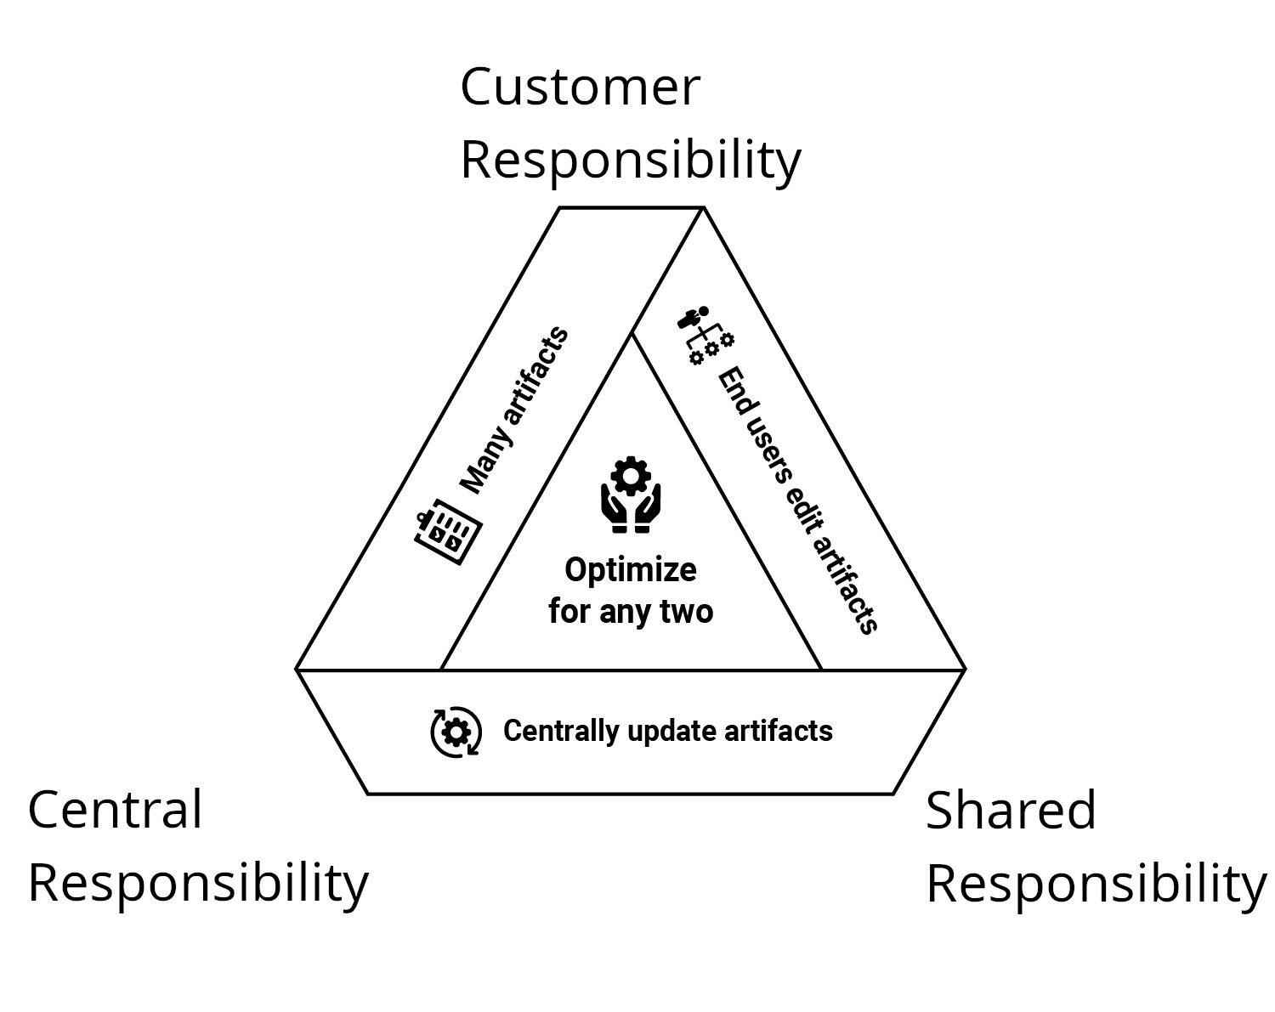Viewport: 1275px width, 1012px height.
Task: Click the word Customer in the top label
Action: pos(580,87)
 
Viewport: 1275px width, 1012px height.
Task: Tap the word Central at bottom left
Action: pos(115,809)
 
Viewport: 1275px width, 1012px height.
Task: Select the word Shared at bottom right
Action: pos(1011,810)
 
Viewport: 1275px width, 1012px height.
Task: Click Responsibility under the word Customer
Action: pos(630,160)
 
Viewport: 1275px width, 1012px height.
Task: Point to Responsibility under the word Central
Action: pos(198,883)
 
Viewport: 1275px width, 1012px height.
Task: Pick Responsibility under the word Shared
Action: pos(1096,884)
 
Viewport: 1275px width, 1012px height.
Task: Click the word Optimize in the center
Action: pos(630,569)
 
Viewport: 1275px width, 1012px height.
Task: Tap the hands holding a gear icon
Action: pos(630,495)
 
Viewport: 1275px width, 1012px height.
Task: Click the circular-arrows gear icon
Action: pos(456,732)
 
